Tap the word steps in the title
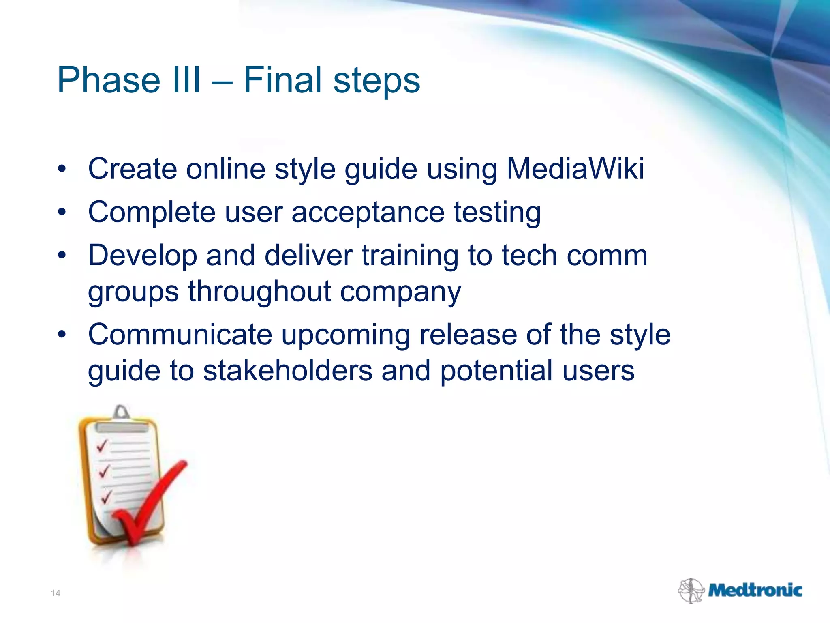(x=376, y=81)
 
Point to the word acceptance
(x=368, y=212)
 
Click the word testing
(x=497, y=213)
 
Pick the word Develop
(x=142, y=256)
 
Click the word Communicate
(x=180, y=335)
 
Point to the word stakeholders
(x=287, y=371)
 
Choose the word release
(x=468, y=335)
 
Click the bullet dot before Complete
(x=62, y=211)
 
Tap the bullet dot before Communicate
(x=62, y=334)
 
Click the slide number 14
(x=56, y=593)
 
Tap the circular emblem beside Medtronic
(x=691, y=591)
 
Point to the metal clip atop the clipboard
(x=121, y=413)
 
